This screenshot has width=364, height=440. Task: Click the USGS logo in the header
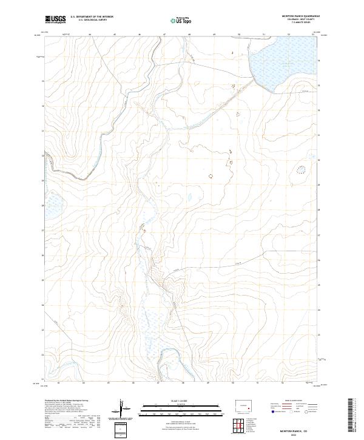56,19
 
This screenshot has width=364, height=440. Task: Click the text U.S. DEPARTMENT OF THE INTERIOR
92,16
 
